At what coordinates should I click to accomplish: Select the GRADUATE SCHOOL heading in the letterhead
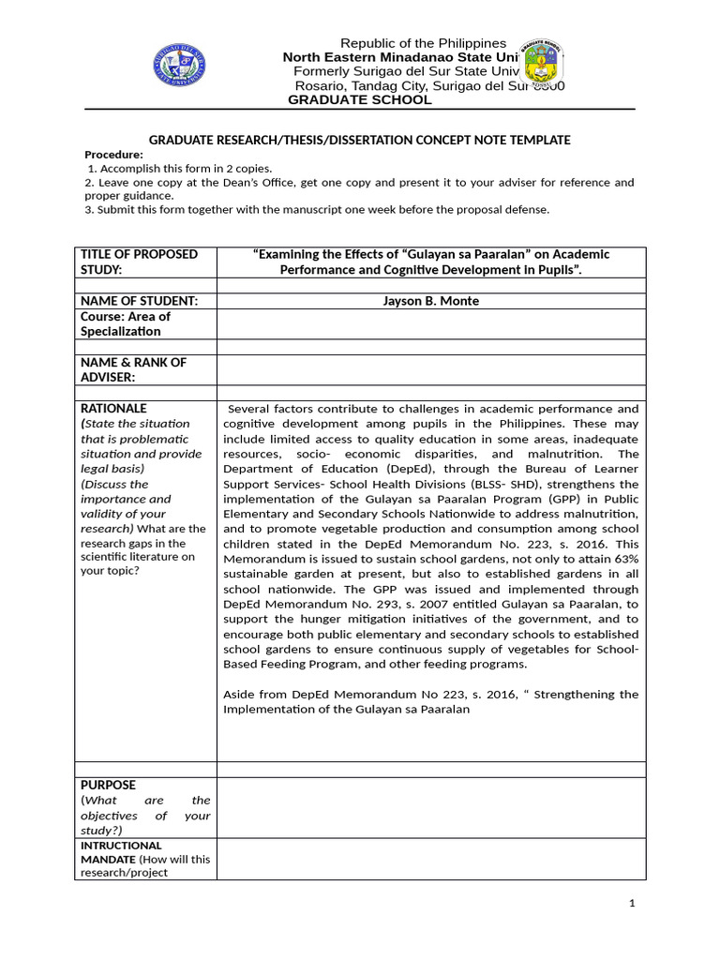point(359,100)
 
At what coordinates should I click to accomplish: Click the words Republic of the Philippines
point(423,43)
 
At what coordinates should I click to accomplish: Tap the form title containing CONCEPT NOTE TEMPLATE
point(359,140)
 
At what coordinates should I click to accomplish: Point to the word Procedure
point(113,155)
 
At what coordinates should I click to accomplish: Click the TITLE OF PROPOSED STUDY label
point(139,262)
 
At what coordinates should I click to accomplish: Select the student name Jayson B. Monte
point(431,300)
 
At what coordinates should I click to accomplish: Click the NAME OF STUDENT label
point(139,300)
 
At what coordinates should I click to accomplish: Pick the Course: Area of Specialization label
point(126,323)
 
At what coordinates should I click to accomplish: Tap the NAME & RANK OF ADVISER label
point(133,369)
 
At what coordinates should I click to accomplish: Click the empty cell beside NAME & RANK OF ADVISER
point(431,369)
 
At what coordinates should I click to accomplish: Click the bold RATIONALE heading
point(113,409)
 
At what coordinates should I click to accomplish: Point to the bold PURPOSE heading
point(108,785)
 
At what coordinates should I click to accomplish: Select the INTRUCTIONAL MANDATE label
point(121,852)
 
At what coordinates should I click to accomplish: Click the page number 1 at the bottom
point(633,903)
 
